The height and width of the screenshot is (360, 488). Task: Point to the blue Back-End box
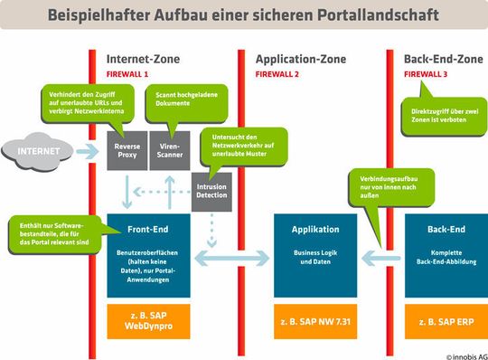[x=446, y=255]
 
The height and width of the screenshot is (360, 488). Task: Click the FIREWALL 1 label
[x=127, y=74]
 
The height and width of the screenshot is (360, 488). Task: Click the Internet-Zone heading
[x=143, y=59]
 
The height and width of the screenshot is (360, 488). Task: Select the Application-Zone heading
[x=298, y=59]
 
